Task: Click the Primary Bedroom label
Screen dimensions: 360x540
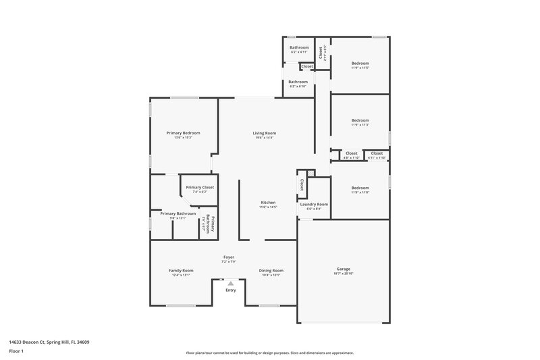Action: [183, 133]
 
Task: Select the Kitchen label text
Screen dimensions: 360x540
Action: [268, 203]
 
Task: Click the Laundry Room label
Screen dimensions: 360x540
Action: [314, 204]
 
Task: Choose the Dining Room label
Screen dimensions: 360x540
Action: [271, 270]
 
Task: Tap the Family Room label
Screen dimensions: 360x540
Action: [181, 270]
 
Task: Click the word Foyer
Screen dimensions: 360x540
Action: [229, 257]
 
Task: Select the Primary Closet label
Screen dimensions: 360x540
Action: [200, 187]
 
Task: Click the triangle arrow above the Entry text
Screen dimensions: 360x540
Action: [231, 284]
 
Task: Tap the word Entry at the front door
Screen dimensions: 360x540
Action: [231, 290]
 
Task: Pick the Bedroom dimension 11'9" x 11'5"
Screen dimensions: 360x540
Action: [360, 68]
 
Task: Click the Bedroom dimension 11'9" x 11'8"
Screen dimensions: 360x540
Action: [360, 192]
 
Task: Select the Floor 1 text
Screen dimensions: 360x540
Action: [17, 352]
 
